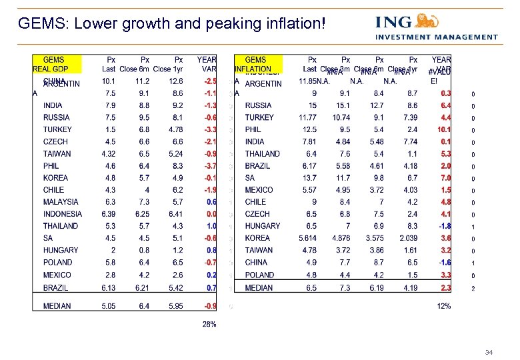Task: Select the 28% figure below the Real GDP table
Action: click(209, 324)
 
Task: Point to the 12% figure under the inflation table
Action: click(443, 306)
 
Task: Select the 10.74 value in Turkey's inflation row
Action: click(343, 117)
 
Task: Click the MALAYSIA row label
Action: click(61, 202)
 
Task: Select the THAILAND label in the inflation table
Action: click(263, 153)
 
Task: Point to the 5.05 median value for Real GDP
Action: click(108, 306)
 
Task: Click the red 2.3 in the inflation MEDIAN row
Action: click(445, 288)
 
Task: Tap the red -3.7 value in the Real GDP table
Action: click(210, 166)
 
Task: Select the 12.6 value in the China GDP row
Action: click(177, 81)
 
